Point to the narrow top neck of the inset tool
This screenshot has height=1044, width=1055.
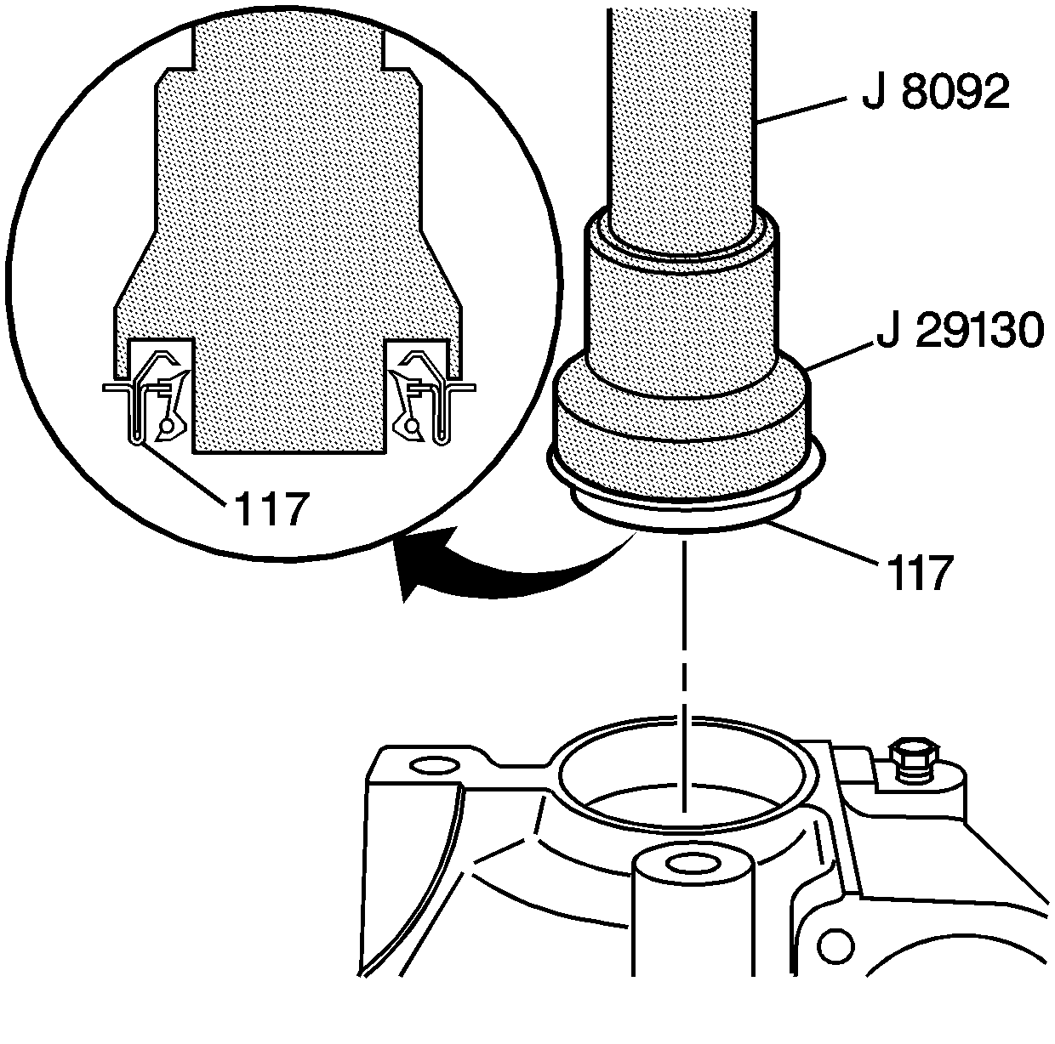289,43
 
